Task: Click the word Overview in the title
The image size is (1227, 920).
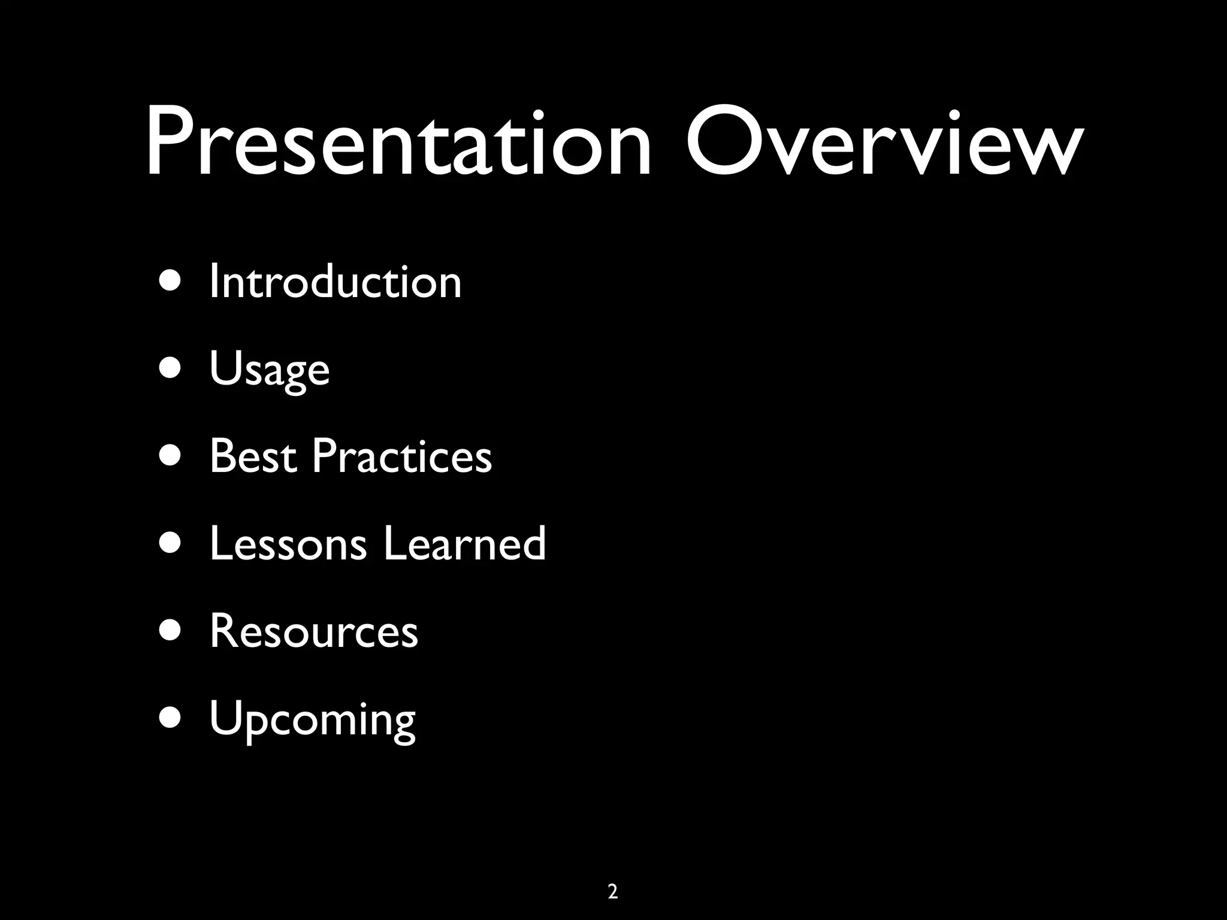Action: pyautogui.click(x=884, y=144)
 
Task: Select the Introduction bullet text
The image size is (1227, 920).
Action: pyautogui.click(x=336, y=282)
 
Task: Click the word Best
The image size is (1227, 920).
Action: pyautogui.click(x=253, y=456)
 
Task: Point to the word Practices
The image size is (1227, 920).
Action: pyautogui.click(x=401, y=456)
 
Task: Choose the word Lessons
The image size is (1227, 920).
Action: pyautogui.click(x=288, y=544)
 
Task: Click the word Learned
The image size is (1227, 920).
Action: pyautogui.click(x=464, y=544)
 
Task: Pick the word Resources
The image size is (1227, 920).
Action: pyautogui.click(x=313, y=631)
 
